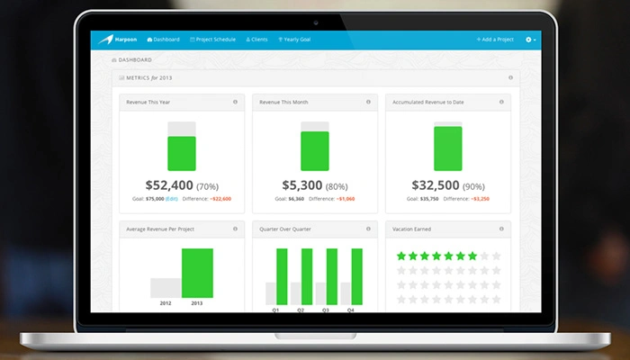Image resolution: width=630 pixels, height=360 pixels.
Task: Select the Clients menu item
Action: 256,40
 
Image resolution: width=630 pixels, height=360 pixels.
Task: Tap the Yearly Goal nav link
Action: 296,40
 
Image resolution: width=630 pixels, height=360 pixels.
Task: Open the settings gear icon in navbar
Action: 529,40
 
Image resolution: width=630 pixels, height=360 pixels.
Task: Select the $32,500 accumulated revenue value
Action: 435,185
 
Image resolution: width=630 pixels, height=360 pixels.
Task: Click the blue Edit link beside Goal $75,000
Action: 171,199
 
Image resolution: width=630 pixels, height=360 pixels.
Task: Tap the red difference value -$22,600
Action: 219,199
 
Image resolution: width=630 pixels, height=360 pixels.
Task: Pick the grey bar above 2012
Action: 166,287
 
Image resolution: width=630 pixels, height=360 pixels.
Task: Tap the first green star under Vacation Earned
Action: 401,256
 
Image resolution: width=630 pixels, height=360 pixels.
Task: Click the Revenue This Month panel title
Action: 283,103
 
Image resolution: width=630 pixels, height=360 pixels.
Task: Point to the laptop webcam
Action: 315,19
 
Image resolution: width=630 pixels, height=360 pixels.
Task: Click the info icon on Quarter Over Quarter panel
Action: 368,229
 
